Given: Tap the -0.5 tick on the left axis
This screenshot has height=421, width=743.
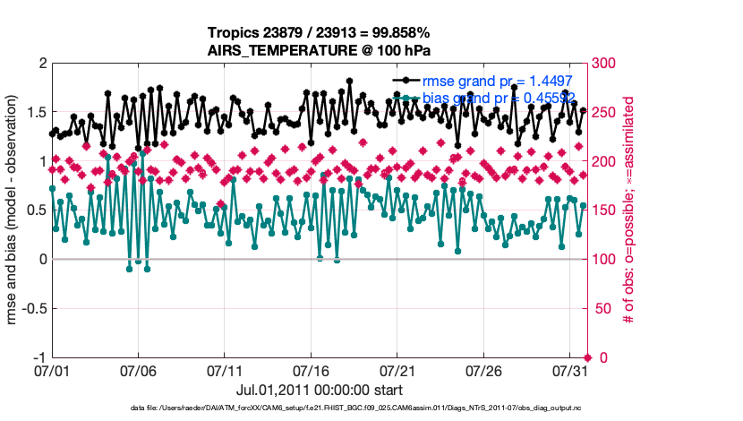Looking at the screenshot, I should point(33,308).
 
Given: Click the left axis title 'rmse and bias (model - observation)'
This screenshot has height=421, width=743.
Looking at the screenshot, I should point(15,210).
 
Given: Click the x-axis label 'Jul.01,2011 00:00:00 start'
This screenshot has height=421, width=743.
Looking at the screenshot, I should point(320,390).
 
